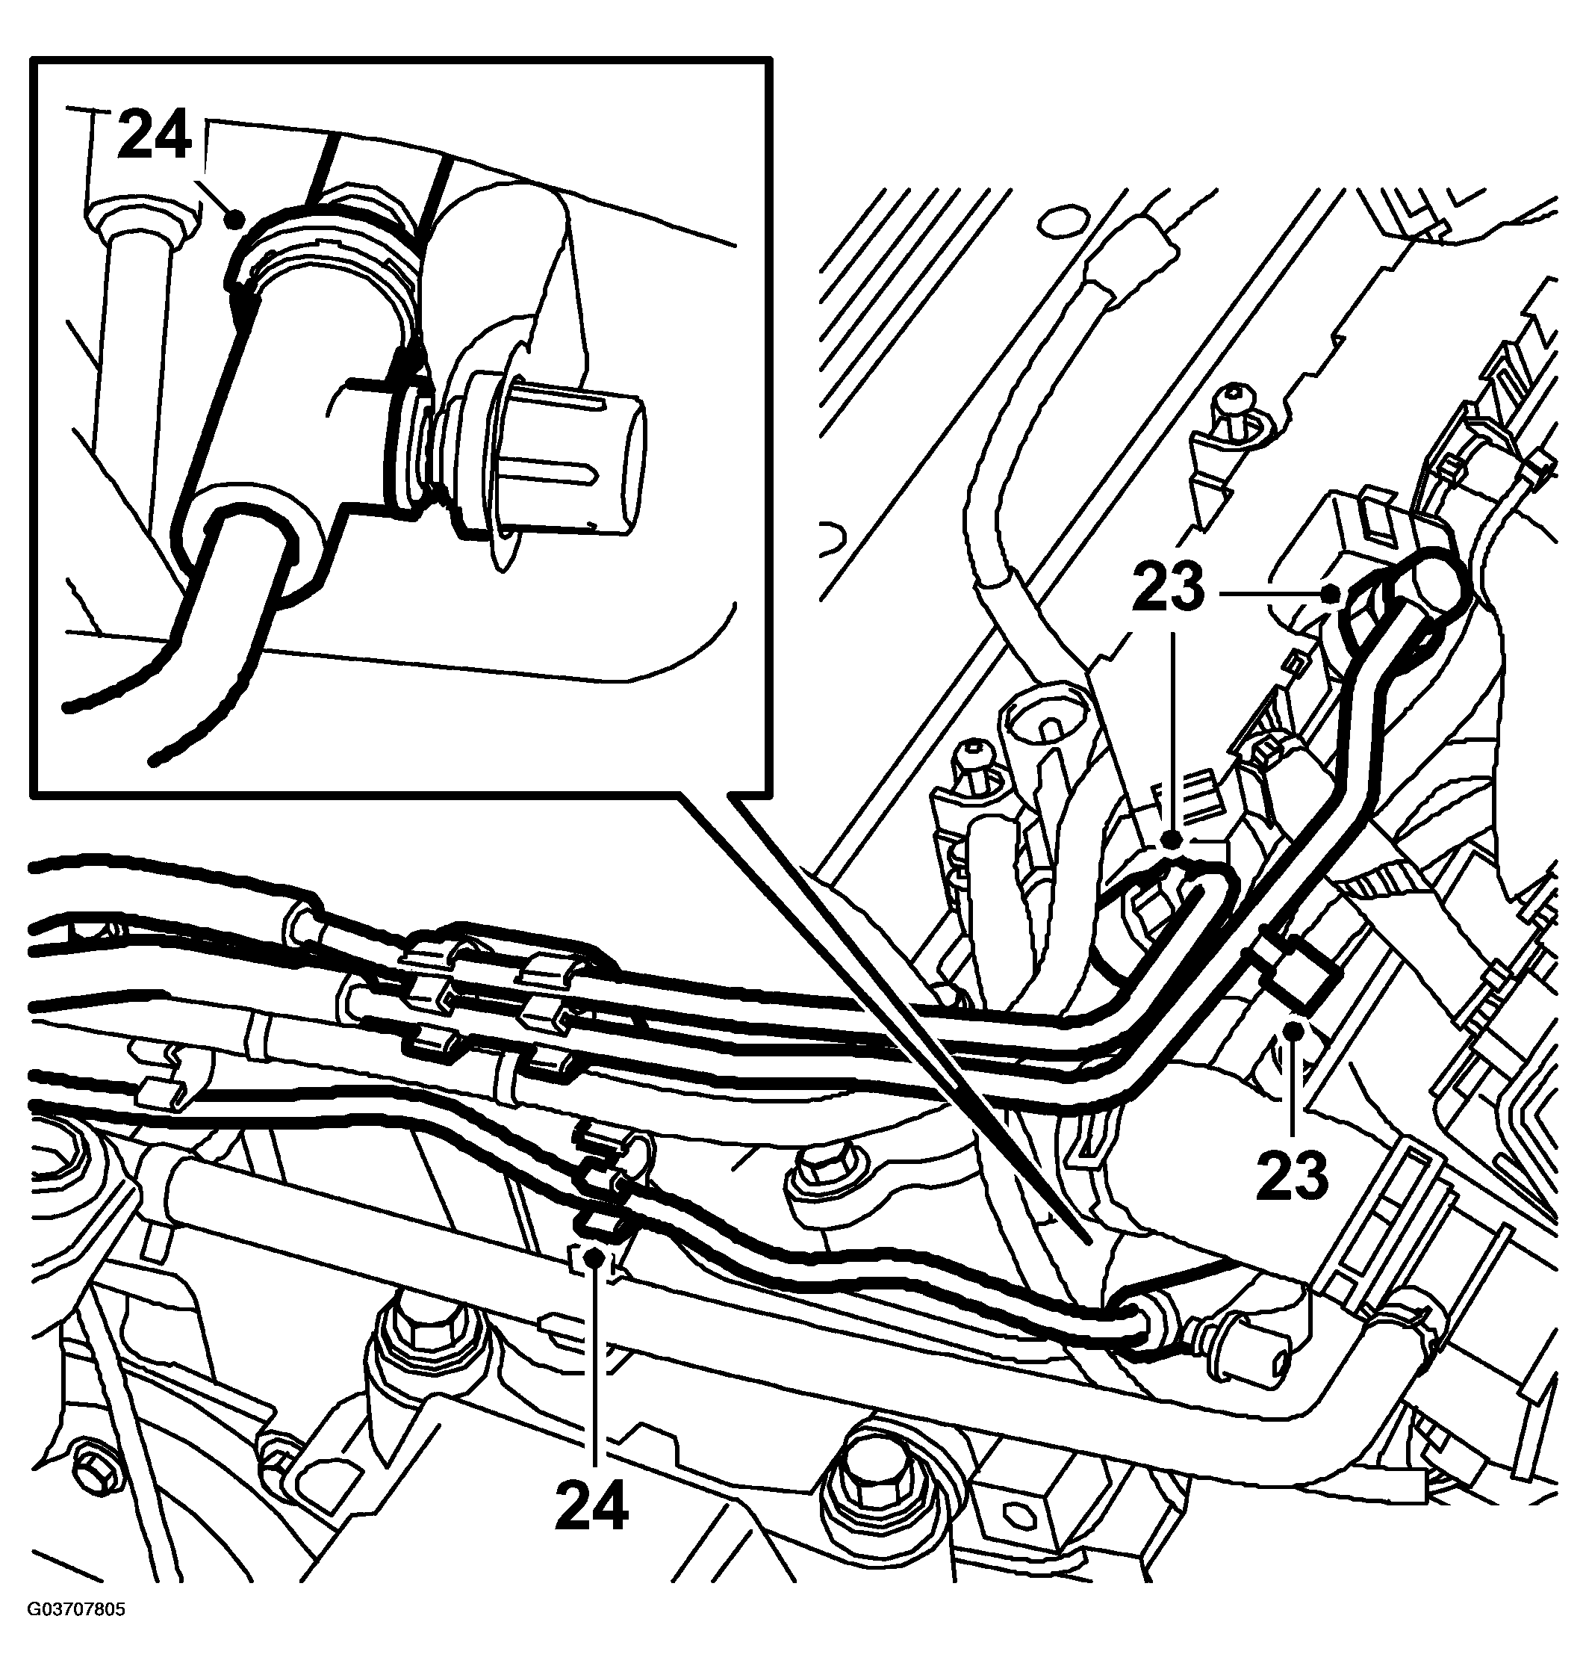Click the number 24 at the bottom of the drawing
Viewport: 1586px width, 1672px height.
(x=592, y=1505)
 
